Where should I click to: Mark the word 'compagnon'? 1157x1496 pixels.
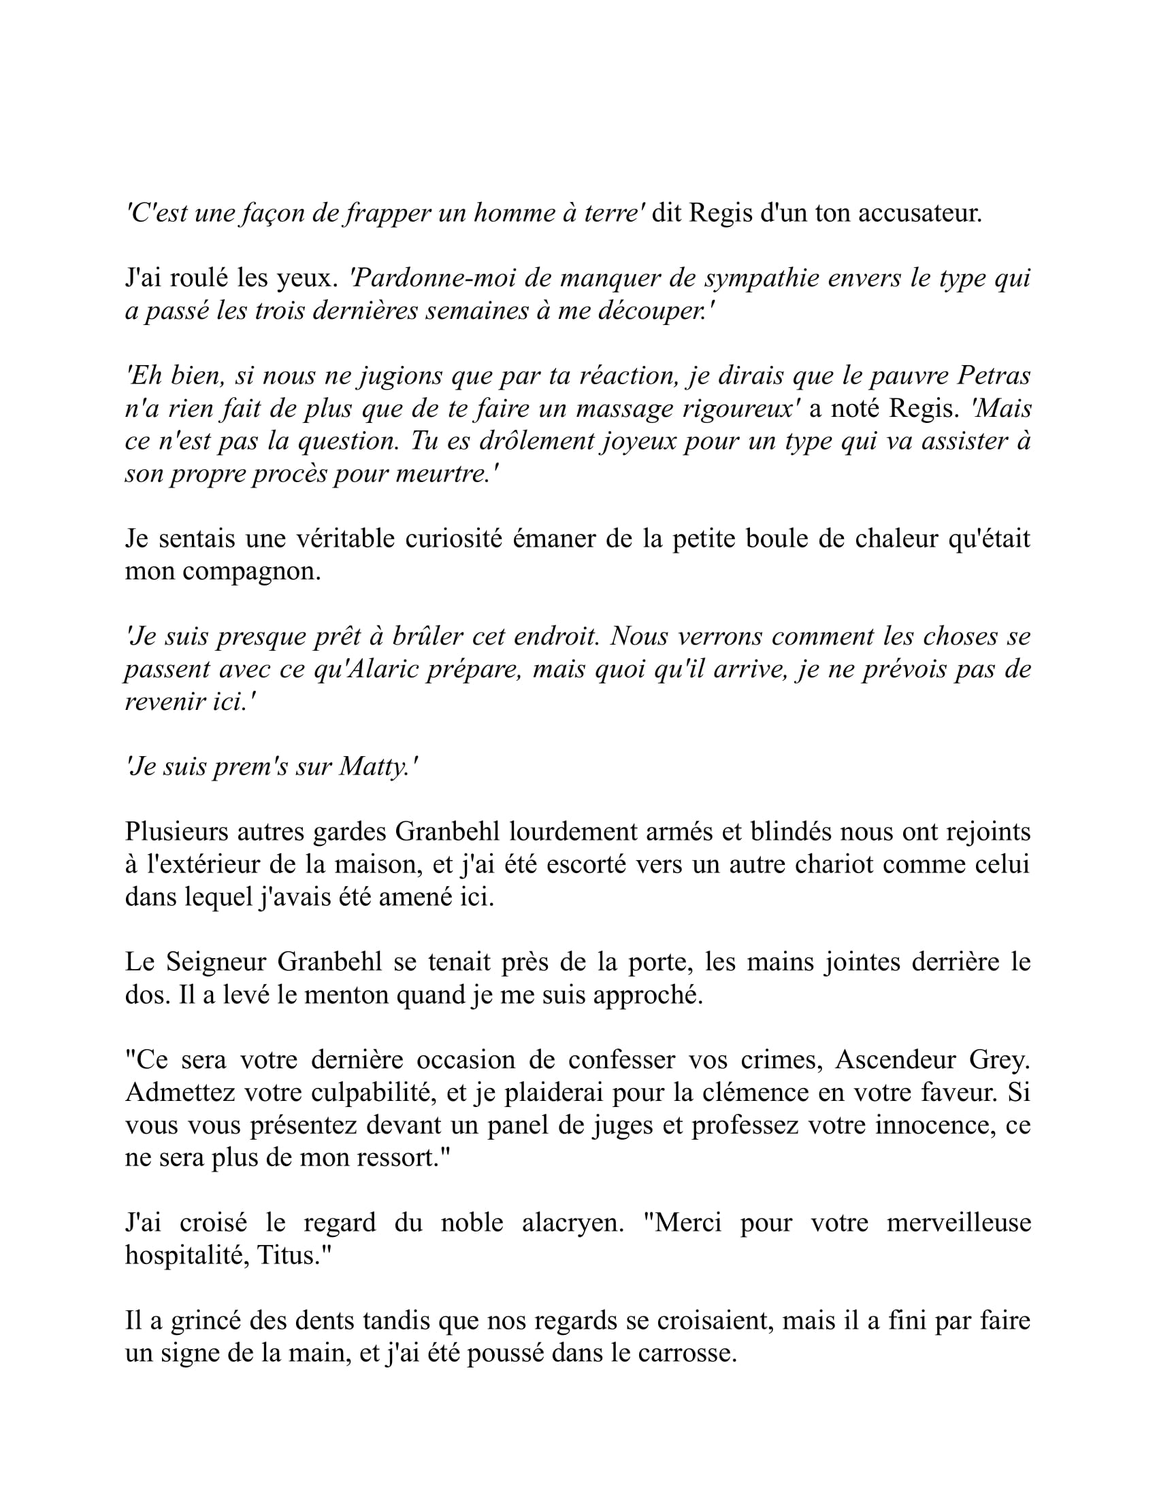tap(251, 571)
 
